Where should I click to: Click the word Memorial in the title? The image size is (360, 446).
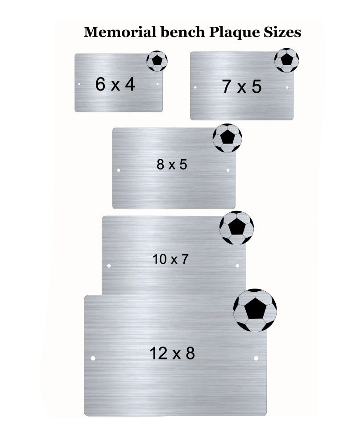pos(120,32)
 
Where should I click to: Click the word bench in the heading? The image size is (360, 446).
pos(183,32)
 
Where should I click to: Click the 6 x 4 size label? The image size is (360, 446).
pos(115,84)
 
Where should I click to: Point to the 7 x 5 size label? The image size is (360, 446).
pos(242,87)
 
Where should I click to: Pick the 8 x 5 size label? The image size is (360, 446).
pos(172,165)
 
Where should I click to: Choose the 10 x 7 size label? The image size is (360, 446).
pos(170,259)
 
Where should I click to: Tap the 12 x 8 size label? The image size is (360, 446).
pos(172,353)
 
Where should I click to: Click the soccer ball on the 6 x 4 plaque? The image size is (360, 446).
pos(157,61)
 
